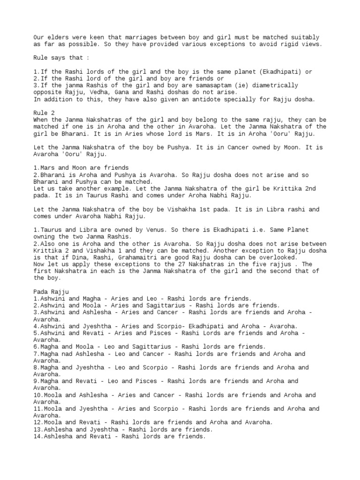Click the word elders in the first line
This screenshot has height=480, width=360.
click(x=57, y=37)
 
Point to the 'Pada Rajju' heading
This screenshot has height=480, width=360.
click(x=51, y=292)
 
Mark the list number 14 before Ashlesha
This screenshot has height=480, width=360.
click(x=37, y=436)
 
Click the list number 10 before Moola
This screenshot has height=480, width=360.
click(x=37, y=395)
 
